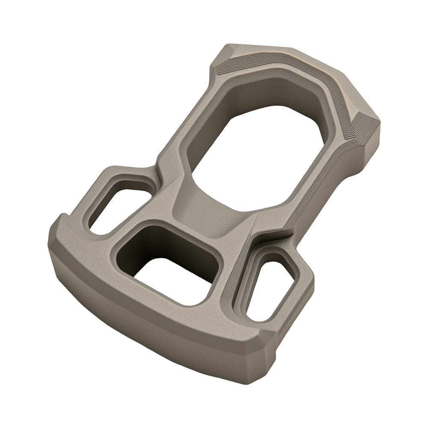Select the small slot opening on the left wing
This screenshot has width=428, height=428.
116,210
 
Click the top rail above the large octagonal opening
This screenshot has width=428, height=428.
274,73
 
